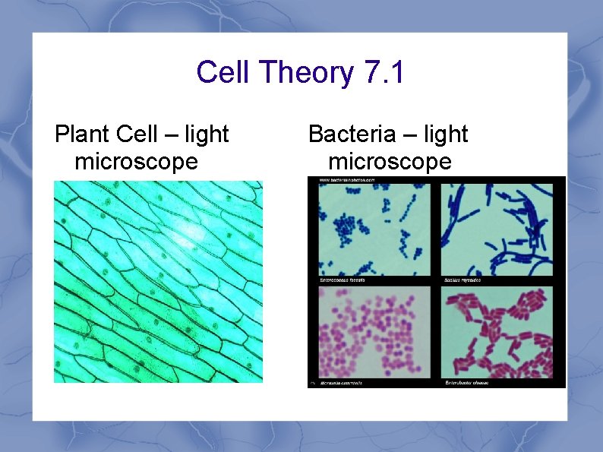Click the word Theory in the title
point(306,74)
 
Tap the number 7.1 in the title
point(385,74)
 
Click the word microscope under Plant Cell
point(136,162)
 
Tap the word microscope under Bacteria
point(390,162)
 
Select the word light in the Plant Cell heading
point(207,134)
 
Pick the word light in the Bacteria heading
point(446,134)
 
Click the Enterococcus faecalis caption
point(341,280)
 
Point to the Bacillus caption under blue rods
point(462,280)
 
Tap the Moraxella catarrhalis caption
point(341,383)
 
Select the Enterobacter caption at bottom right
point(466,383)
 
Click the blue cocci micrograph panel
point(374,229)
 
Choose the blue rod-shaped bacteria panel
point(498,229)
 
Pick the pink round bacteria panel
point(374,332)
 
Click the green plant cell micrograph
point(158,281)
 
